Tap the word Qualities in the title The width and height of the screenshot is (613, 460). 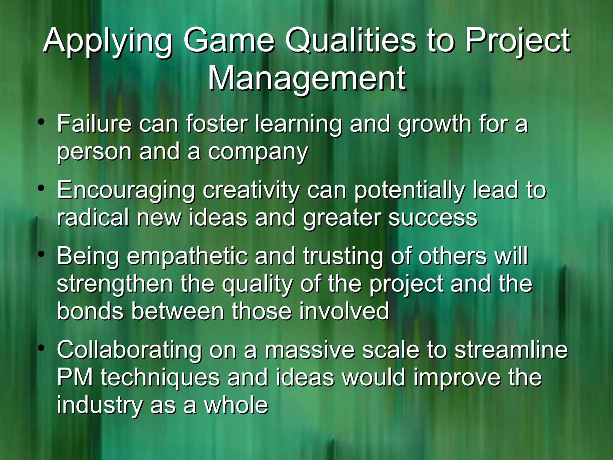(x=350, y=40)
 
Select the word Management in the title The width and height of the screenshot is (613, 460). (x=306, y=79)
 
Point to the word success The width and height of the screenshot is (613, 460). (x=433, y=218)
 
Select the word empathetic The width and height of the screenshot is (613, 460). (x=187, y=257)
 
